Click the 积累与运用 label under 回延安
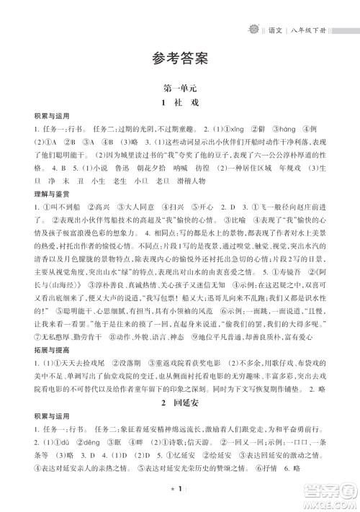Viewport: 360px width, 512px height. (27, 416)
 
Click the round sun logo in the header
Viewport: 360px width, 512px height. (256, 12)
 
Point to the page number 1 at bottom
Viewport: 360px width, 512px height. (180, 489)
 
